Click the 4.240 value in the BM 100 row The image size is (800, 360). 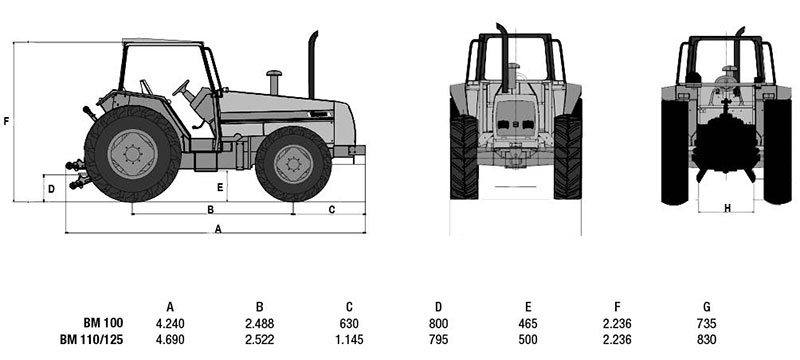(170, 323)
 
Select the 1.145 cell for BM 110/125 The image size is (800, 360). (349, 339)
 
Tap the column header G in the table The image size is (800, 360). (706, 307)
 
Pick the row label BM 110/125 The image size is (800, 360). (91, 339)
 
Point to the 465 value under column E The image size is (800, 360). (528, 323)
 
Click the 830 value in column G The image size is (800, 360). (706, 339)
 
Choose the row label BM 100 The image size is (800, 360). (104, 323)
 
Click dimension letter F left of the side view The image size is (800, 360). (6, 121)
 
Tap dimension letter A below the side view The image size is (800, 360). (218, 229)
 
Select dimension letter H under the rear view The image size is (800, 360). (727, 208)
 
